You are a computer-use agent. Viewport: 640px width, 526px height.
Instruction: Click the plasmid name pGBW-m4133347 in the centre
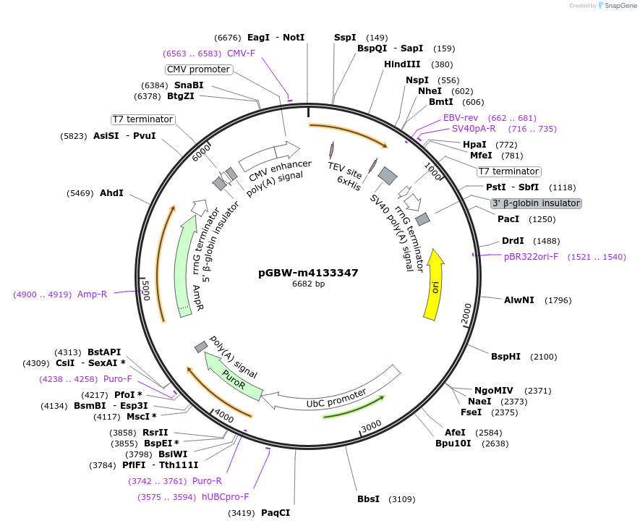click(308, 273)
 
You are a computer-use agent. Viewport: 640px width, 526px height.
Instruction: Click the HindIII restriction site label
click(402, 64)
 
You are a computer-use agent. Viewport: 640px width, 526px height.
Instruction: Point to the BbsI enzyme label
click(368, 499)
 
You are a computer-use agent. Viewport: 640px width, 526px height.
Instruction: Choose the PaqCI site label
click(276, 513)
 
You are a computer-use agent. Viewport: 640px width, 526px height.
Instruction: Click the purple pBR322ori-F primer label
click(532, 257)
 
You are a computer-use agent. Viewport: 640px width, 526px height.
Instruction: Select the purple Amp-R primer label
click(92, 294)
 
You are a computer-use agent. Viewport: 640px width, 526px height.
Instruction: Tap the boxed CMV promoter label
click(198, 69)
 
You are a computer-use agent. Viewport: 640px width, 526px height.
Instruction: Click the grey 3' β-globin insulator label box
click(536, 203)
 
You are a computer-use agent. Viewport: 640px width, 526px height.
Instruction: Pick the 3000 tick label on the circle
click(371, 425)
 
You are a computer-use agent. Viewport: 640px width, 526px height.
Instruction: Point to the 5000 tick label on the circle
click(145, 290)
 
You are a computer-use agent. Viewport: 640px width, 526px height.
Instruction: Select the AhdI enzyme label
click(111, 193)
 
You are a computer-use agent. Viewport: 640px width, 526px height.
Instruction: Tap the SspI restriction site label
click(345, 38)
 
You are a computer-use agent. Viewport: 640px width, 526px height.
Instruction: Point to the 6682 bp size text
click(308, 284)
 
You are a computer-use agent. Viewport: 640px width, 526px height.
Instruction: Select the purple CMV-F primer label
click(241, 53)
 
